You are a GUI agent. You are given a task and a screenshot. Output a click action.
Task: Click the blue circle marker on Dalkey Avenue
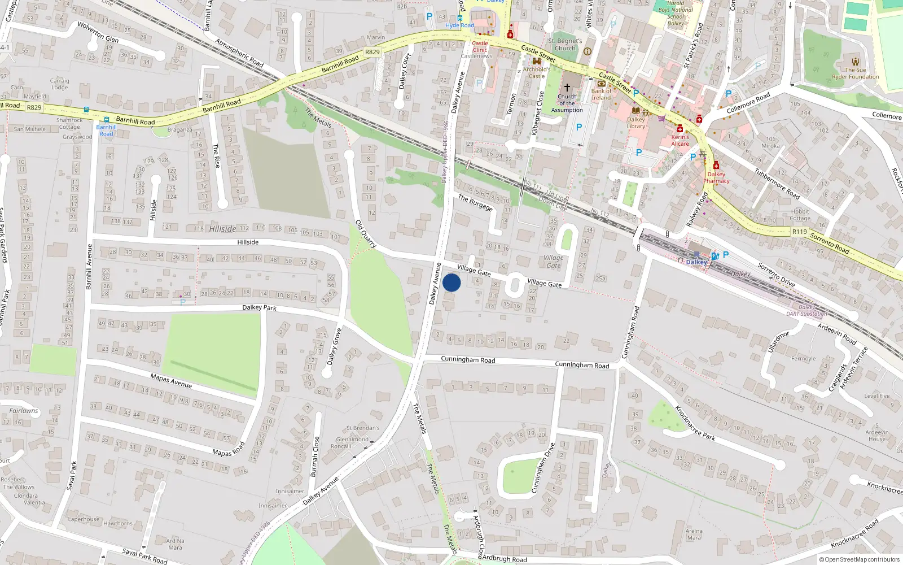tap(451, 282)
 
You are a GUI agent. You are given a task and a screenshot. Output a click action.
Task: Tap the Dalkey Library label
tap(635, 123)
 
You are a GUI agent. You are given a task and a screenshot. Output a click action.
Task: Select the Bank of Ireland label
tap(601, 94)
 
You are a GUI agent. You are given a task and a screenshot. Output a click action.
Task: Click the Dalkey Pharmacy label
tap(716, 177)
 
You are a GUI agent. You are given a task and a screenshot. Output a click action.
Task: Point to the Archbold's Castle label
tap(536, 73)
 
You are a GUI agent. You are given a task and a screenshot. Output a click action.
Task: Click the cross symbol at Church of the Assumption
tap(567, 88)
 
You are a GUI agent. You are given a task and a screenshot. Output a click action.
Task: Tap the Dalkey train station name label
tap(696, 262)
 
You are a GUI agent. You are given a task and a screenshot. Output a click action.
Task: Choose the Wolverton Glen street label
tap(98, 32)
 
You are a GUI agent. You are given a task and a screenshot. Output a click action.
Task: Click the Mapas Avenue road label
tap(171, 381)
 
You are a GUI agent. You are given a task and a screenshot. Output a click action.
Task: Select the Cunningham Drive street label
tap(543, 468)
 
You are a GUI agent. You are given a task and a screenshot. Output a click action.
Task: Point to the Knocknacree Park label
tap(695, 423)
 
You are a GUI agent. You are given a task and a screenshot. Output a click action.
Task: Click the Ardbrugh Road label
tap(505, 559)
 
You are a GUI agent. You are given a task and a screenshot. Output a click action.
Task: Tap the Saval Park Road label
tap(145, 555)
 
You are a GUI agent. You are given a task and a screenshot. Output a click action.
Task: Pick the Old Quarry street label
tap(366, 234)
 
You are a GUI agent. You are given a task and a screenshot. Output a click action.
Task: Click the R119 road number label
tap(799, 232)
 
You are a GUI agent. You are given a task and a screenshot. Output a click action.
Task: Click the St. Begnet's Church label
tap(565, 45)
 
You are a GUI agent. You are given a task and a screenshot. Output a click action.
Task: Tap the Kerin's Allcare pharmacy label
tap(680, 140)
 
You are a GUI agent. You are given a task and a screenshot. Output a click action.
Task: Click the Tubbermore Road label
tap(777, 184)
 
